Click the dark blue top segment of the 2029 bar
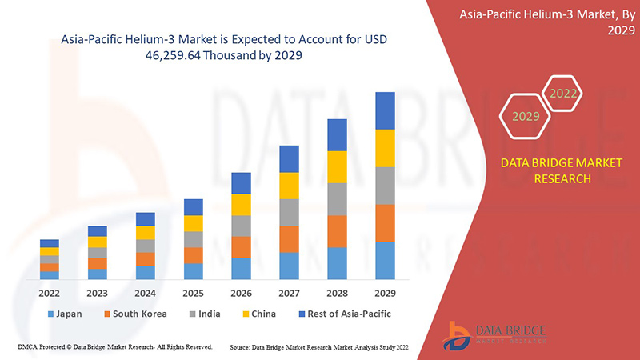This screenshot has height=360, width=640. [x=385, y=110]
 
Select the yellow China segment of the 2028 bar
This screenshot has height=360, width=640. [x=337, y=166]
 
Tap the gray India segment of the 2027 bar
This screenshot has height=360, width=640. [x=289, y=212]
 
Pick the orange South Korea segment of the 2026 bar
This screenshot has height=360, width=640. [x=241, y=246]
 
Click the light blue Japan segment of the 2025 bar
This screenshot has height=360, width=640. [x=193, y=271]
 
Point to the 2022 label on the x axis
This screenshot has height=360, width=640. [x=50, y=293]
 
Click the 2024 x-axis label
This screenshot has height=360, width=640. [x=145, y=293]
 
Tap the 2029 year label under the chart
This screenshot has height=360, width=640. [x=385, y=293]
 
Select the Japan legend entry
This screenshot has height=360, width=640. [x=65, y=314]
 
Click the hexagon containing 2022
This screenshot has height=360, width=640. [x=563, y=94]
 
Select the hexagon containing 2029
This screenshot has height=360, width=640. [x=526, y=116]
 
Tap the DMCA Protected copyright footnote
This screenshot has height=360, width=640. [x=114, y=347]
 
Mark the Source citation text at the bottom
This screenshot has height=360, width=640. [x=323, y=347]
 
